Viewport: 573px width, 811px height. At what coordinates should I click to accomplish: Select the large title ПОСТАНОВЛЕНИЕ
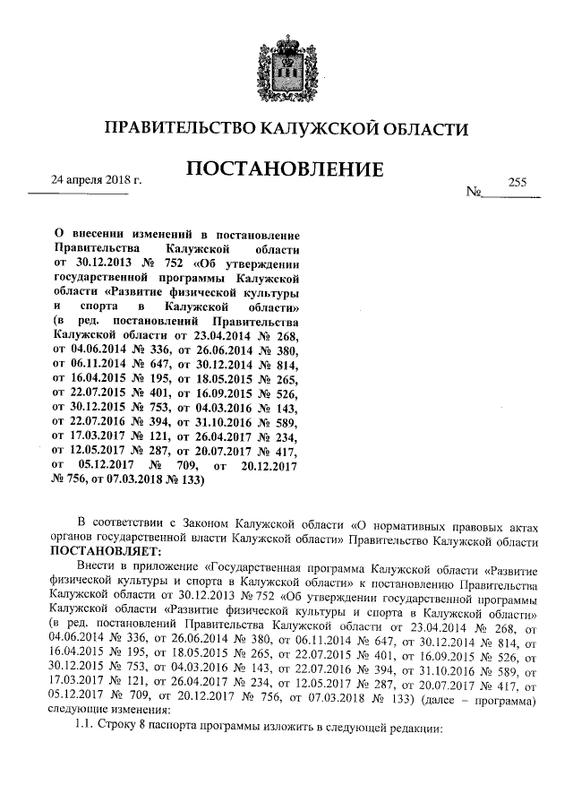(286, 169)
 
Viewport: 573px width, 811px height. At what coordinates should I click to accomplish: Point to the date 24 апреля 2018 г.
(98, 181)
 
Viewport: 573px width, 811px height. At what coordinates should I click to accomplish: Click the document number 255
(517, 181)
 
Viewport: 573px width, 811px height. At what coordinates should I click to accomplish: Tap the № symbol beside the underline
(475, 194)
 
